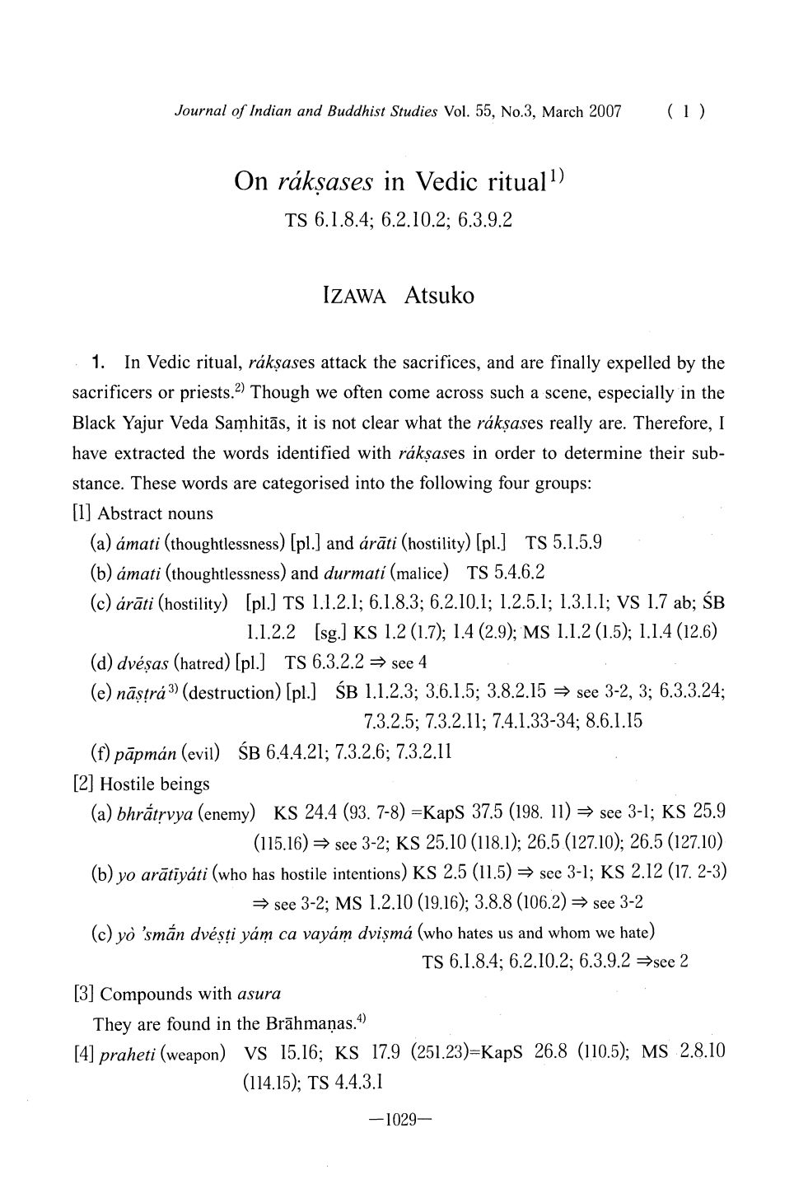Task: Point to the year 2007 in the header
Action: [604, 111]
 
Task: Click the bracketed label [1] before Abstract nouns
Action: [83, 514]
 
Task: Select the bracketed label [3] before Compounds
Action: [83, 994]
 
